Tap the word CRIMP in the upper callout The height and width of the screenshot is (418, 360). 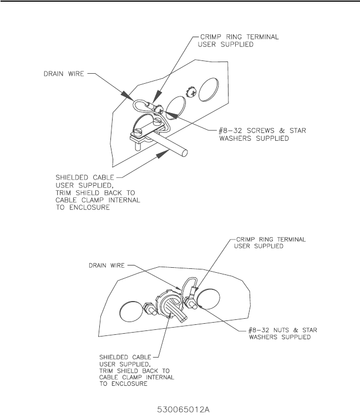[x=210, y=38]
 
